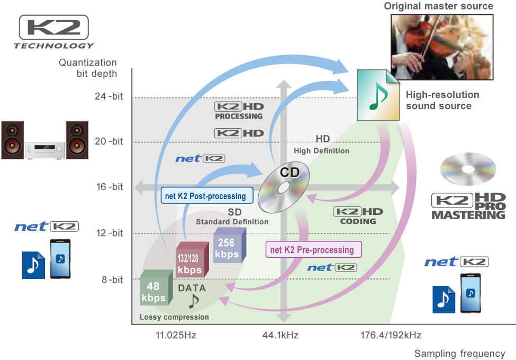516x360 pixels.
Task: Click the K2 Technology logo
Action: click(54, 32)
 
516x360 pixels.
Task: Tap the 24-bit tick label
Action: click(108, 96)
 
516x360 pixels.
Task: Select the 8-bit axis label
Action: click(112, 280)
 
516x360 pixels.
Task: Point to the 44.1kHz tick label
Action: click(280, 335)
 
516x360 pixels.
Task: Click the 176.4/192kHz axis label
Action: click(391, 335)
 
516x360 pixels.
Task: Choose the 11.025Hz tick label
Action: click(176, 335)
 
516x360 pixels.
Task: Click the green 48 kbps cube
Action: click(156, 287)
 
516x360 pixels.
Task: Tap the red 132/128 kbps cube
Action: click(192, 259)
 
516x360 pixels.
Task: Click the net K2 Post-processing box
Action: click(207, 195)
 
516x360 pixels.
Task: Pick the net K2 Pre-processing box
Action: click(314, 249)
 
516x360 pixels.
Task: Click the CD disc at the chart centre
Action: click(284, 187)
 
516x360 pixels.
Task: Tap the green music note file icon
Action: click(378, 95)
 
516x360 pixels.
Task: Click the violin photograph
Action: click(442, 47)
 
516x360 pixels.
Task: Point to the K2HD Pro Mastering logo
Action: click(468, 206)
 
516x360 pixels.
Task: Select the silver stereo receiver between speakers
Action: click(45, 150)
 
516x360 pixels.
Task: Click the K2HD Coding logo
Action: click(358, 216)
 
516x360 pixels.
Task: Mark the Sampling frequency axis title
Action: click(459, 354)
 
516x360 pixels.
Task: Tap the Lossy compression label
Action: click(174, 317)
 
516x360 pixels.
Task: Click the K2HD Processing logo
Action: click(239, 111)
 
